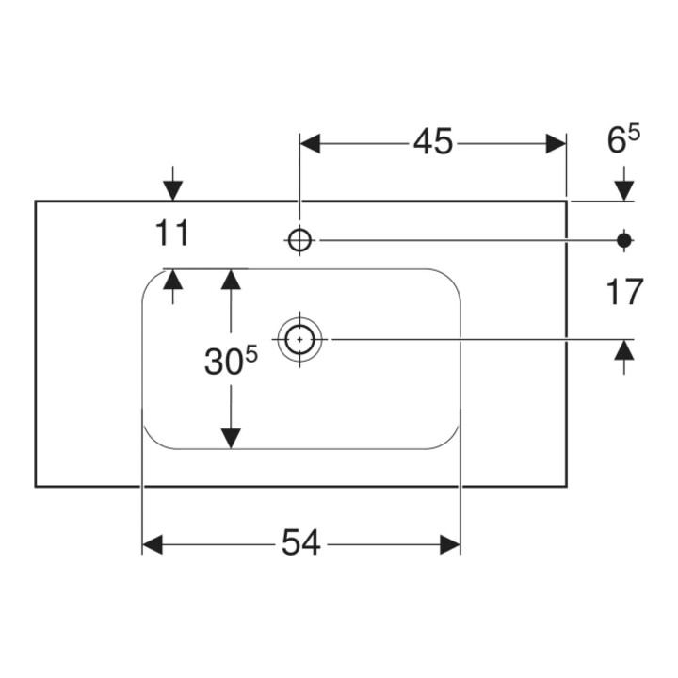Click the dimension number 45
(433, 141)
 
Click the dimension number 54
(301, 542)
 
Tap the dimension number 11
(172, 234)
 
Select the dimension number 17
(624, 292)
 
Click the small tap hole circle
(299, 240)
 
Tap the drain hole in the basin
(299, 339)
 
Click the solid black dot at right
(624, 240)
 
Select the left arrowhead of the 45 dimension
(311, 143)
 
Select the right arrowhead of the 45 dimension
(556, 143)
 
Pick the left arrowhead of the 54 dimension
(153, 544)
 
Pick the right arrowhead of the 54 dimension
(450, 544)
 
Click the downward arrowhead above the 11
(173, 191)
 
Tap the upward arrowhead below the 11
(173, 280)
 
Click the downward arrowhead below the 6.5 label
(624, 191)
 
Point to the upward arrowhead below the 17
(624, 349)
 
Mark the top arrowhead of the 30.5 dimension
(231, 280)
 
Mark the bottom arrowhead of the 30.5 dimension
(231, 439)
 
